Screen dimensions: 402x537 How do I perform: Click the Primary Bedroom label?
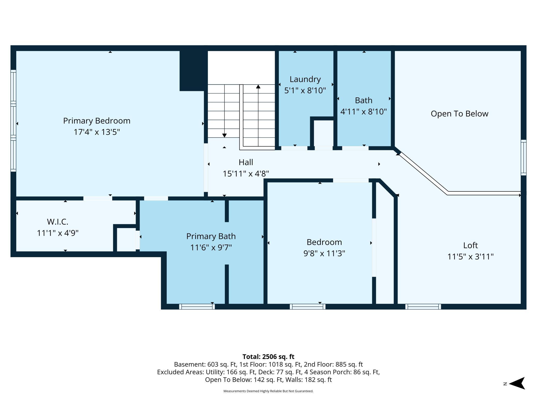click(x=97, y=121)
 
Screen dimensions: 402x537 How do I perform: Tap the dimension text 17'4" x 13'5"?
click(x=97, y=132)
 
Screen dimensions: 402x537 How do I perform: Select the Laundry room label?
click(x=305, y=79)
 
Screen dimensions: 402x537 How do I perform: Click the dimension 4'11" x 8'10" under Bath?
click(x=363, y=112)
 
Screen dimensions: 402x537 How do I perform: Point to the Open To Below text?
click(x=459, y=114)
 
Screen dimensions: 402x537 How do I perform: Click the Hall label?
click(x=246, y=162)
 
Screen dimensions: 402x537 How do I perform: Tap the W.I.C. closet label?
click(x=58, y=222)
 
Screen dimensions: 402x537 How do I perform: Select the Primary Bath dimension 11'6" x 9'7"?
click(x=211, y=248)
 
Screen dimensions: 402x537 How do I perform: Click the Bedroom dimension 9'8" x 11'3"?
click(x=324, y=254)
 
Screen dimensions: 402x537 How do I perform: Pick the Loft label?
click(x=470, y=245)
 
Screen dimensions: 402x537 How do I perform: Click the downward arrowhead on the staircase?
click(x=224, y=136)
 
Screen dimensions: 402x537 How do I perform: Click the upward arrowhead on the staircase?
click(x=258, y=87)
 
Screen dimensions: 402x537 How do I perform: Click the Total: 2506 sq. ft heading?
click(x=268, y=357)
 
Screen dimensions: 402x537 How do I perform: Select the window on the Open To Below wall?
click(x=523, y=157)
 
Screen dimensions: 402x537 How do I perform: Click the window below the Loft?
click(x=423, y=306)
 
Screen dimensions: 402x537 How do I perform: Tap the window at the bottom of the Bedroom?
click(x=307, y=306)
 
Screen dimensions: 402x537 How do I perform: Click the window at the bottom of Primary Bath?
click(x=197, y=306)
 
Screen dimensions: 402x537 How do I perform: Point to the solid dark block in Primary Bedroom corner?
click(x=193, y=70)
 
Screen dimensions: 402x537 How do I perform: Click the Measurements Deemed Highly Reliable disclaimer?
click(x=268, y=391)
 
